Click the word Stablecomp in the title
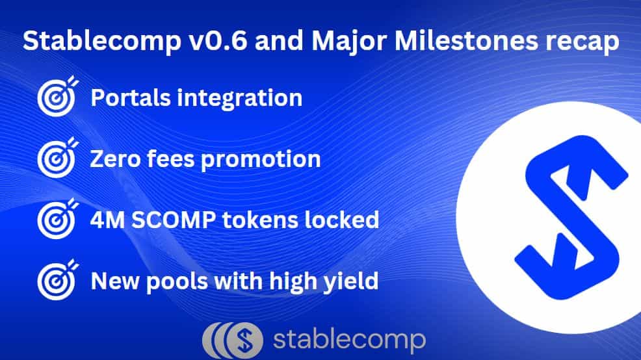[102, 42]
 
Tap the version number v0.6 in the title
[218, 40]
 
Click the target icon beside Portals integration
[58, 96]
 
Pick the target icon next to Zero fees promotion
[58, 158]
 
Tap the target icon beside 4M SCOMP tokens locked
[58, 219]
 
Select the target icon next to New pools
[58, 280]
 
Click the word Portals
[131, 97]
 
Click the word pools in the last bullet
[177, 283]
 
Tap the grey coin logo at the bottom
[233, 341]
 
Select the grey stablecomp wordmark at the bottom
[349, 341]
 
